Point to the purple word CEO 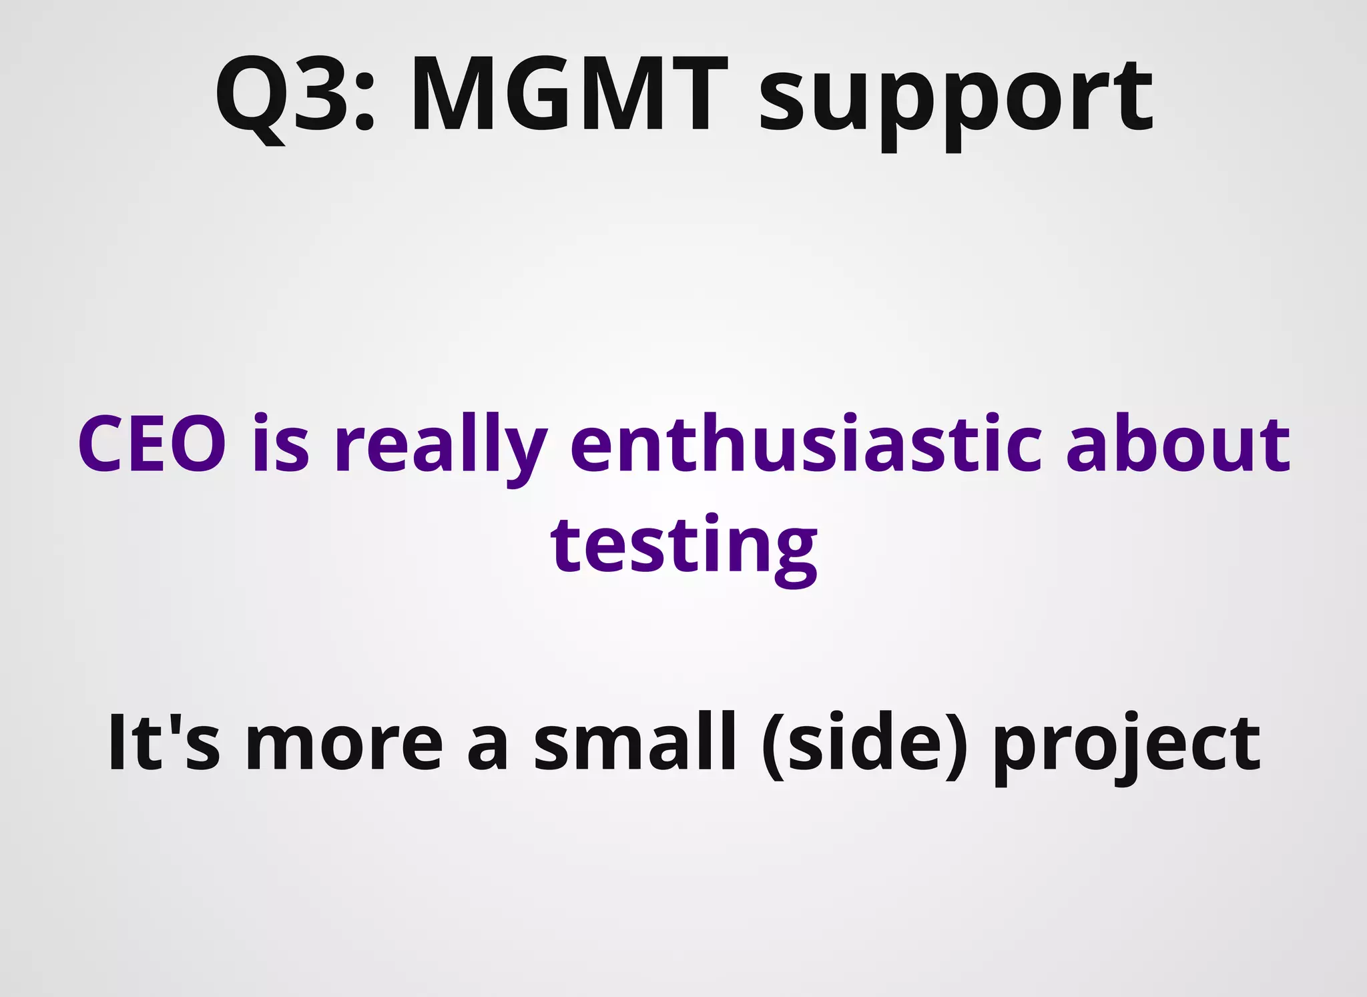tap(152, 444)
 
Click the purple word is tap(281, 444)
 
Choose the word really tap(441, 447)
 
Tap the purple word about tap(1178, 444)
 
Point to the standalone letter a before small tap(488, 747)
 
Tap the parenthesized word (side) tap(864, 744)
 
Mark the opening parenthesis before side tap(773, 744)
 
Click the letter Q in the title tap(250, 97)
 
